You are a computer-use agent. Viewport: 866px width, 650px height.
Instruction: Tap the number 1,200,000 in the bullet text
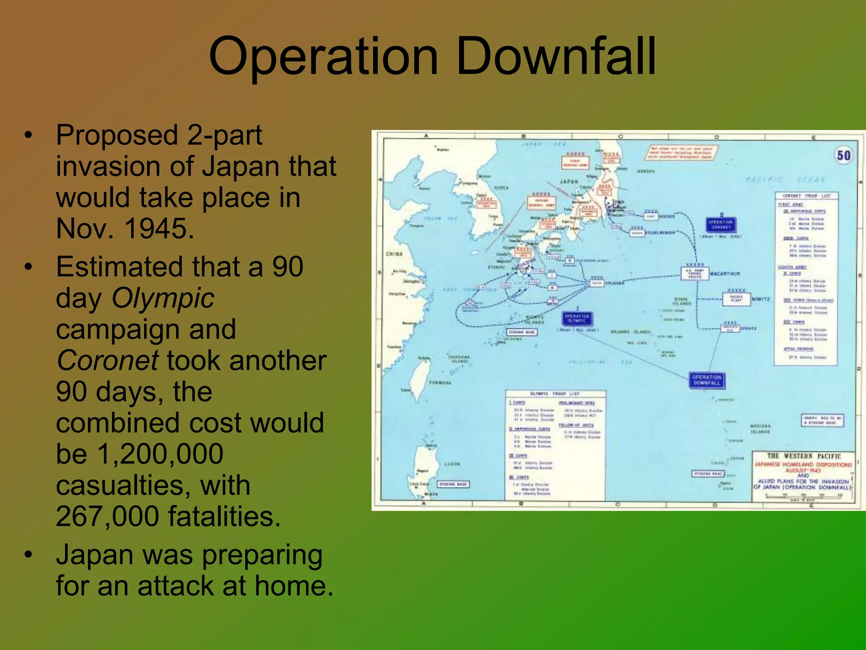pos(161,454)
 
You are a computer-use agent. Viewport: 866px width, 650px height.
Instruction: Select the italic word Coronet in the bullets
pos(108,361)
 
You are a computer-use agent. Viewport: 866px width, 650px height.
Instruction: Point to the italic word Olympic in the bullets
pos(163,298)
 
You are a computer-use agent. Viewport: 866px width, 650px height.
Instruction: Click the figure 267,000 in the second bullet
pos(107,516)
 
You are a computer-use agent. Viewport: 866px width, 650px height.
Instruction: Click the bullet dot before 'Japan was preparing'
pos(28,554)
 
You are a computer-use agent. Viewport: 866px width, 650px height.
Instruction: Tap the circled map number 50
pos(844,156)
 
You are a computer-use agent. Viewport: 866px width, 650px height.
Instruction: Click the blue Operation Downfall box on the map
pos(707,380)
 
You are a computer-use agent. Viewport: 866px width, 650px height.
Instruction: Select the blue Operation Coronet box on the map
pos(721,224)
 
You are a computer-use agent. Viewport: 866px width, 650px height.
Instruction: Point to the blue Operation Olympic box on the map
pos(577,318)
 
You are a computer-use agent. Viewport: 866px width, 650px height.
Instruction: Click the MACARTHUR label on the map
pos(725,274)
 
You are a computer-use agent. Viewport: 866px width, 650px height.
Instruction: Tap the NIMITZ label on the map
pos(761,299)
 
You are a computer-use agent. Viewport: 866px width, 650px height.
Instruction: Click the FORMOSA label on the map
pos(440,383)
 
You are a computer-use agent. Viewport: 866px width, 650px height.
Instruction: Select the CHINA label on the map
pos(394,254)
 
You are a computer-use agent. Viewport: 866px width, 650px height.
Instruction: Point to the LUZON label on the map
pos(452,464)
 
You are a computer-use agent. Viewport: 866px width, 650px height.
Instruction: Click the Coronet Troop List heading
pos(806,196)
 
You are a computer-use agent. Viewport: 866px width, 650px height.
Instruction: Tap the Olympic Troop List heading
pos(554,394)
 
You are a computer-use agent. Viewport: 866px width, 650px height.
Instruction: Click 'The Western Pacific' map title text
pos(804,456)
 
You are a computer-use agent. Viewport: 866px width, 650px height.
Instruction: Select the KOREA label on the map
pos(502,187)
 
